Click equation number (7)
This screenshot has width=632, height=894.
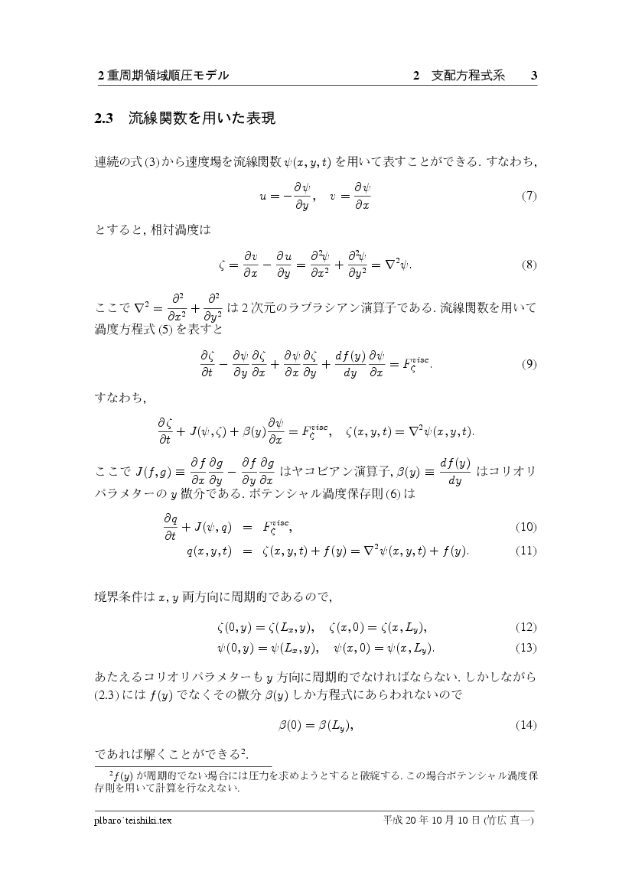pos(529,196)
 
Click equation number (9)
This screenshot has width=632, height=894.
pos(529,364)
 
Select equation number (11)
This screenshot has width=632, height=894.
pos(527,551)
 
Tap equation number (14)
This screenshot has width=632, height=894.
pos(527,724)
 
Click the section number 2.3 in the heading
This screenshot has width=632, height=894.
pos(103,119)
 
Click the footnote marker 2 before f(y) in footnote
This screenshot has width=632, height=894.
pos(111,773)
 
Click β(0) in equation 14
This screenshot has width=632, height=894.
pos(290,724)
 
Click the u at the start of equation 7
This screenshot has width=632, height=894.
pos(263,196)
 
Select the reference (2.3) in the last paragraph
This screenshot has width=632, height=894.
pos(107,697)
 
